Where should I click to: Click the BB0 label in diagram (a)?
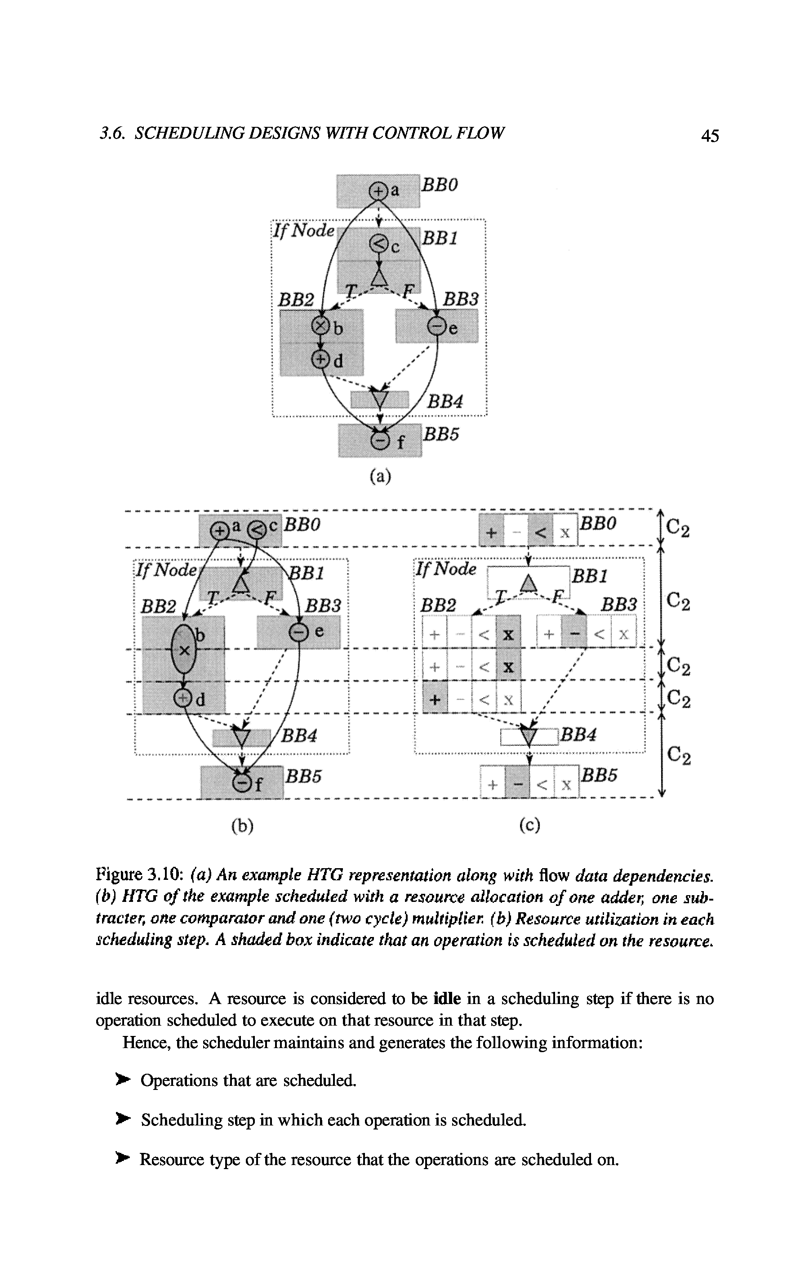pyautogui.click(x=440, y=185)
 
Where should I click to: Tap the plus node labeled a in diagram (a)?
pyautogui.click(x=377, y=191)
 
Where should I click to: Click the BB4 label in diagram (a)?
pyautogui.click(x=445, y=401)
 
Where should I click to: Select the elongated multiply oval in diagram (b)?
pyautogui.click(x=183, y=650)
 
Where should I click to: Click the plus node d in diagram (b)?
pyautogui.click(x=183, y=698)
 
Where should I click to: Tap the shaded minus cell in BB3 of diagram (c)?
pyautogui.click(x=574, y=633)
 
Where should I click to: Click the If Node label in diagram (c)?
pyautogui.click(x=446, y=569)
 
